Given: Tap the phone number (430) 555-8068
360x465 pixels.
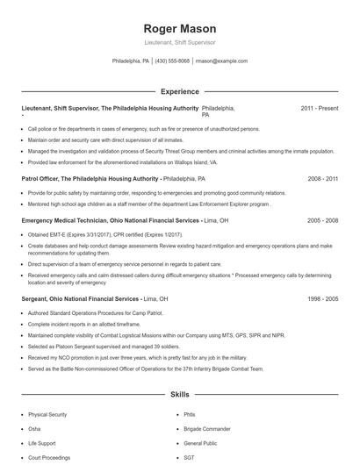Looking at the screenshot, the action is (x=172, y=61).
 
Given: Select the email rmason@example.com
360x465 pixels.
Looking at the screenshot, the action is (x=220, y=61).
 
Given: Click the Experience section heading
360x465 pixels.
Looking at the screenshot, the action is (x=179, y=91).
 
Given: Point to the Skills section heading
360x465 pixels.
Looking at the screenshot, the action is (x=179, y=395).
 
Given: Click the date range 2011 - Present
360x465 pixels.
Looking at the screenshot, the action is (x=319, y=108).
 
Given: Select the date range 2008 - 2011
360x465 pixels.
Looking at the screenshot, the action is (x=322, y=178).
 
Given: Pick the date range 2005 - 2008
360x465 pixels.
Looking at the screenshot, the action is (x=322, y=220).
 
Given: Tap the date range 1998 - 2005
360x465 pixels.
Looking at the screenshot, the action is (x=322, y=298).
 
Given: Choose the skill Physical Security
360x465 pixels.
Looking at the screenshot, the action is (x=47, y=413).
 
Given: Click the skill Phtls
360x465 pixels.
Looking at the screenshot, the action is (x=190, y=413).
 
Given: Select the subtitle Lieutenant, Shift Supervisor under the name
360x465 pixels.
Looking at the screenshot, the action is (x=179, y=42).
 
